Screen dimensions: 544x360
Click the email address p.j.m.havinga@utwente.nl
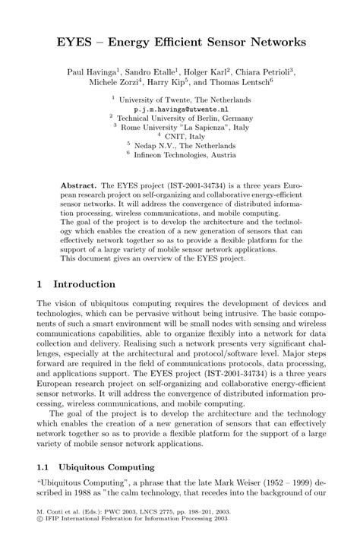click(180, 109)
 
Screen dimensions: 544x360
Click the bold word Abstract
click(79, 185)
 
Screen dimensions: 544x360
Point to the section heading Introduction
click(84, 283)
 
